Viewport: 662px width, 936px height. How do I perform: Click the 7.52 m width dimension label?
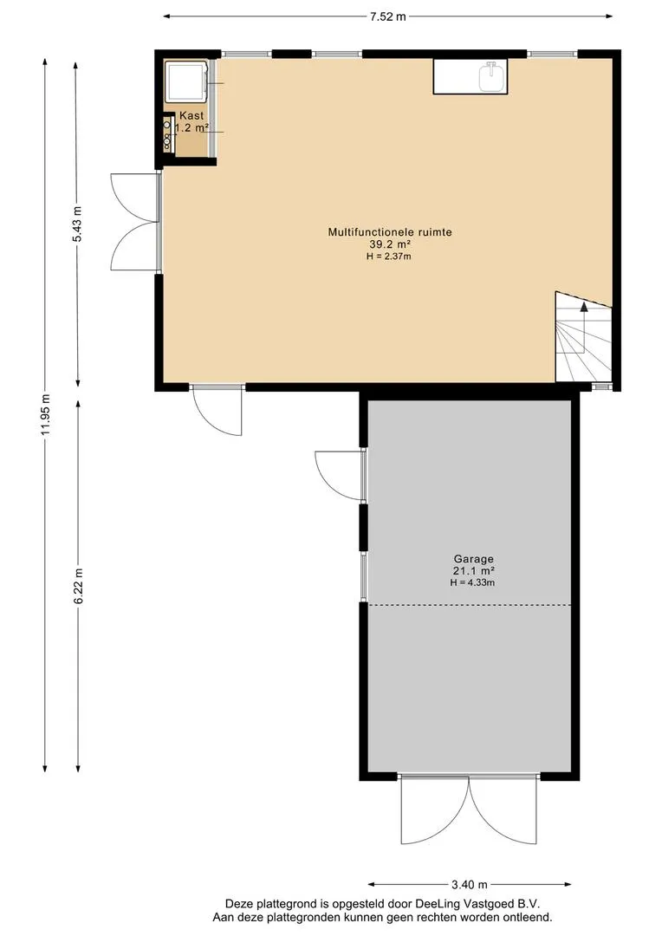tap(387, 16)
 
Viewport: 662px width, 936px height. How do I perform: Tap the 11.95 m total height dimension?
tap(45, 415)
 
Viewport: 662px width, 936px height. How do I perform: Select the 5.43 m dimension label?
tap(77, 224)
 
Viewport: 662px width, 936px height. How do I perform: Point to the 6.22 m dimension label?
tap(79, 586)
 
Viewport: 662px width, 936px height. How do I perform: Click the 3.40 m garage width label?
tap(469, 884)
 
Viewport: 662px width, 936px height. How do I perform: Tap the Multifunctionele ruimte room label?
tap(390, 232)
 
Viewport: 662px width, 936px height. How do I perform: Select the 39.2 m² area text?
tap(390, 244)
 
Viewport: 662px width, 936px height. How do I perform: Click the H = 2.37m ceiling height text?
tap(389, 257)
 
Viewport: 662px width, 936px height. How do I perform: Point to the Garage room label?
tap(473, 559)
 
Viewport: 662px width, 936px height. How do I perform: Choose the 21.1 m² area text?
tap(473, 571)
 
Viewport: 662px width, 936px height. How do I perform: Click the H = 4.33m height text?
tap(472, 582)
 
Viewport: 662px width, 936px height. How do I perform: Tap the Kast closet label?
tap(191, 116)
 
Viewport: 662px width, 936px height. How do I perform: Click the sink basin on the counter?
tap(492, 77)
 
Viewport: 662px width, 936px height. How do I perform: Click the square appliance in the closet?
tap(185, 81)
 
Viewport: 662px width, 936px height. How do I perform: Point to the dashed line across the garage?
tap(469, 605)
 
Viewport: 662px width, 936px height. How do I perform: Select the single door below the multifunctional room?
tap(217, 412)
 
